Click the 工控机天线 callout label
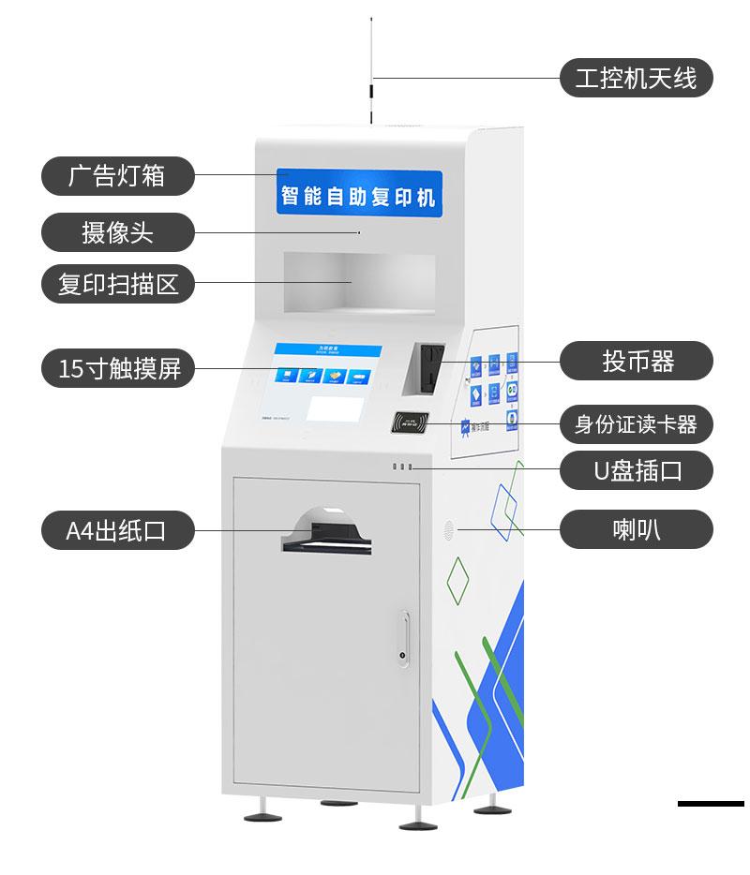tap(636, 78)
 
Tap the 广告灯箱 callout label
tap(117, 175)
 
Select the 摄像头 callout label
tap(117, 231)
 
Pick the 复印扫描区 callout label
tap(117, 283)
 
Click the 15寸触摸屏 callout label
tap(117, 368)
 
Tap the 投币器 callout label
tap(636, 361)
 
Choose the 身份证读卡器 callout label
tap(636, 424)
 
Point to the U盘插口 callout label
tap(636, 470)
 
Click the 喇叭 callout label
tap(636, 529)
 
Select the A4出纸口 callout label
tap(117, 530)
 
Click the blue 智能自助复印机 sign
tap(359, 196)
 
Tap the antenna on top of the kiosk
tap(371, 84)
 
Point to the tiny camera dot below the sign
tap(358, 231)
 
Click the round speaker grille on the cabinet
tap(449, 529)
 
